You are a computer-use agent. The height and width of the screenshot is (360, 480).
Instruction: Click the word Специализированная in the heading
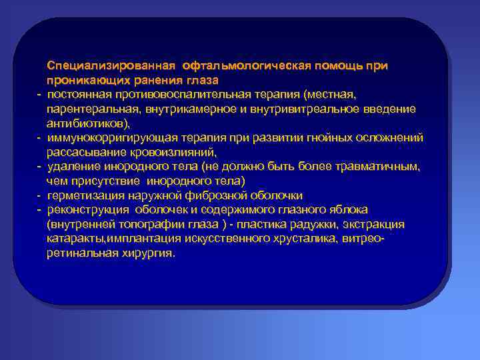click(x=109, y=66)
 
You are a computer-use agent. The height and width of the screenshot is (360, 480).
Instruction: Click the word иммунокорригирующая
click(x=109, y=137)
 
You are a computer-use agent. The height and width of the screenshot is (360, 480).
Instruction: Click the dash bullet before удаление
click(x=40, y=167)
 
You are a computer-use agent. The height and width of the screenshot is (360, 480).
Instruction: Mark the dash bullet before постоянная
click(x=40, y=94)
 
